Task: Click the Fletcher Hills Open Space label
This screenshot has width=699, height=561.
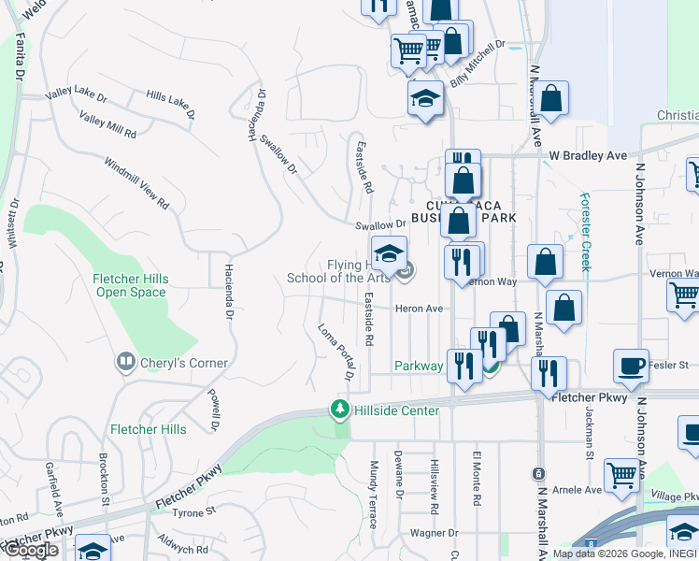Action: (130, 285)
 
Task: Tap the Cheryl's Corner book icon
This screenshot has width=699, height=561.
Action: (124, 361)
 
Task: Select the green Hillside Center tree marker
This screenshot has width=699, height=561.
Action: (339, 410)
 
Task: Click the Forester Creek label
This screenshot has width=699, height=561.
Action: (586, 232)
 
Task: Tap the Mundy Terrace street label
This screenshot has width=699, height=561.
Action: (373, 494)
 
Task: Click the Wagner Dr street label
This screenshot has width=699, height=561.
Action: (431, 533)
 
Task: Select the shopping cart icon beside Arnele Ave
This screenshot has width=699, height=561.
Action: (621, 473)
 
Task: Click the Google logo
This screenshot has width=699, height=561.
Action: (32, 550)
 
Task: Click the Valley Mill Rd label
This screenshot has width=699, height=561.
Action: (107, 126)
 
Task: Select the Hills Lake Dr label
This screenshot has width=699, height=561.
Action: (171, 103)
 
